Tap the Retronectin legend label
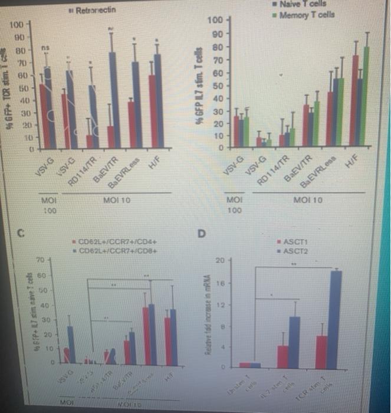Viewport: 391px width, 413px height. [x=96, y=10]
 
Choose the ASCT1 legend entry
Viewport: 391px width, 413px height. [x=298, y=242]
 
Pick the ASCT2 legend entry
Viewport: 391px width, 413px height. [x=298, y=250]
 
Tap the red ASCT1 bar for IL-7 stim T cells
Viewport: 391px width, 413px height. [x=283, y=356]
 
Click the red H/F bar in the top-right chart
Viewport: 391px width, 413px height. [x=355, y=100]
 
